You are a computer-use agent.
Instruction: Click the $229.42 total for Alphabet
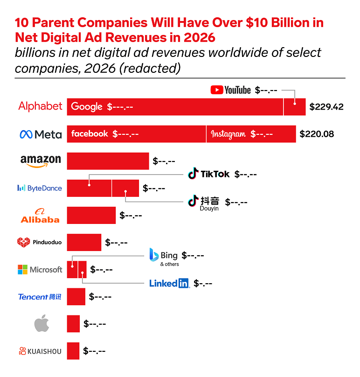tap(326, 107)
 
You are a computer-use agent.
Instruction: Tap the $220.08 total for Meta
tap(317, 134)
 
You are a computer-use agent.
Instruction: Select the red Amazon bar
tap(108, 161)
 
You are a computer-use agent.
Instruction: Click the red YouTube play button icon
tap(216, 90)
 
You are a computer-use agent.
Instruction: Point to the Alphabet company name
tap(40, 106)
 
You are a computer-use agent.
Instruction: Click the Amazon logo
tap(41, 161)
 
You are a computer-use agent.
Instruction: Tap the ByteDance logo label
tap(39, 188)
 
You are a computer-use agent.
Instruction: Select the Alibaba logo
tap(40, 216)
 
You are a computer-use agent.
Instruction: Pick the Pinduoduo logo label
tap(39, 242)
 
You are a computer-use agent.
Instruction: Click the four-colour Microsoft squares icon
tap(22, 270)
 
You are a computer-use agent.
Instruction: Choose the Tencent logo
tap(39, 297)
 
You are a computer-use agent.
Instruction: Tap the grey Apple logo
tap(42, 323)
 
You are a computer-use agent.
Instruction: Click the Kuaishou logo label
tap(40, 351)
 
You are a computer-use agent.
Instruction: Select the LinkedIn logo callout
tap(169, 283)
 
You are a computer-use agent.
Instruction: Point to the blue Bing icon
tap(154, 255)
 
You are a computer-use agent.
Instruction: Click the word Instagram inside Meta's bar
tap(228, 134)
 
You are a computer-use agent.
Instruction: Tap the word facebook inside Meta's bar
tap(90, 134)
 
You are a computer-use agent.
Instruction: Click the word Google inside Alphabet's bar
tap(87, 107)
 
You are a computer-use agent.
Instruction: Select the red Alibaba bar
tap(91, 216)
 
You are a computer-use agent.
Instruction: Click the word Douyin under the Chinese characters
tap(209, 209)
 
